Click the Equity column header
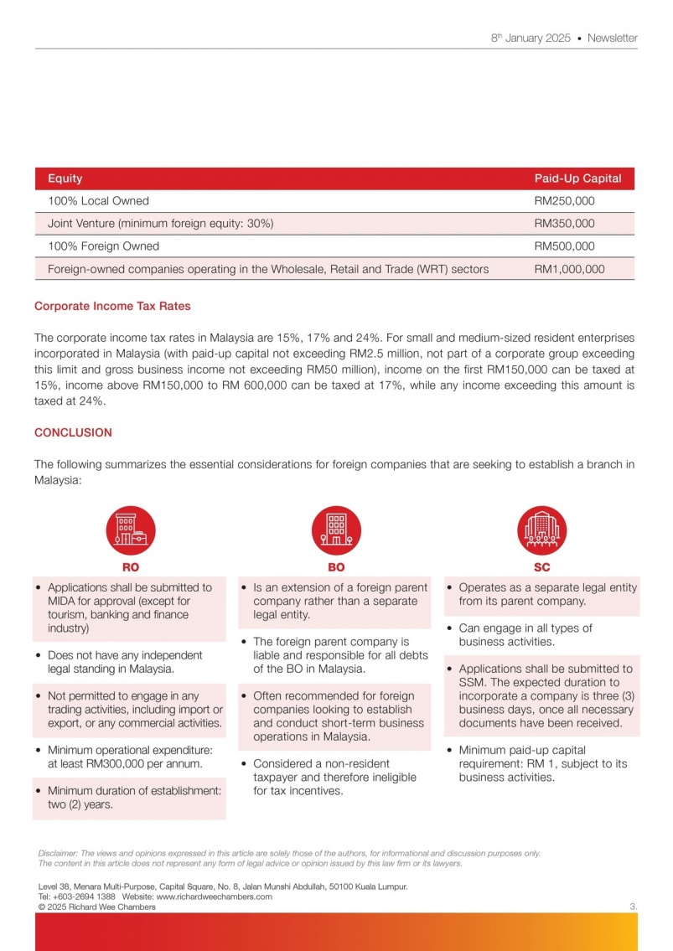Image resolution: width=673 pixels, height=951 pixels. click(x=65, y=178)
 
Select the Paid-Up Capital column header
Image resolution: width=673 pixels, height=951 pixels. click(x=577, y=178)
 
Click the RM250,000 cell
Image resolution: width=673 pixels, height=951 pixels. click(x=564, y=201)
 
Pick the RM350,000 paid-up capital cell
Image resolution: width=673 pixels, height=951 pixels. click(x=564, y=224)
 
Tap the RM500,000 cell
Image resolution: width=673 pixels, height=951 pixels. click(x=564, y=246)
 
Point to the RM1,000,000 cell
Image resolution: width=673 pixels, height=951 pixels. click(x=569, y=269)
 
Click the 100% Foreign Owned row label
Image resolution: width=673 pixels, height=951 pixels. click(x=103, y=246)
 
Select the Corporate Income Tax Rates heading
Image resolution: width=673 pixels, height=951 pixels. click(x=112, y=306)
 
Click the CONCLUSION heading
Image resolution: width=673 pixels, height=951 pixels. click(x=73, y=432)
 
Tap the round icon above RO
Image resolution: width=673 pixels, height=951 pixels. click(x=131, y=530)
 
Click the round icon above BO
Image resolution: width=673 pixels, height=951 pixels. click(x=336, y=530)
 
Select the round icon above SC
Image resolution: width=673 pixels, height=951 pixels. click(x=541, y=530)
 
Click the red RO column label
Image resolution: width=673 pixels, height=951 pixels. click(x=131, y=567)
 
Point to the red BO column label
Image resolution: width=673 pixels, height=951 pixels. click(x=336, y=567)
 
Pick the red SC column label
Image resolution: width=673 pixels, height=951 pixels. click(x=541, y=567)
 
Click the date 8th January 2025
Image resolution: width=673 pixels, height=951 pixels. click(x=531, y=38)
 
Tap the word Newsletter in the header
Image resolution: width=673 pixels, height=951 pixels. click(x=612, y=38)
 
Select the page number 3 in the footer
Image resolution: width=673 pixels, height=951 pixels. click(x=633, y=907)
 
